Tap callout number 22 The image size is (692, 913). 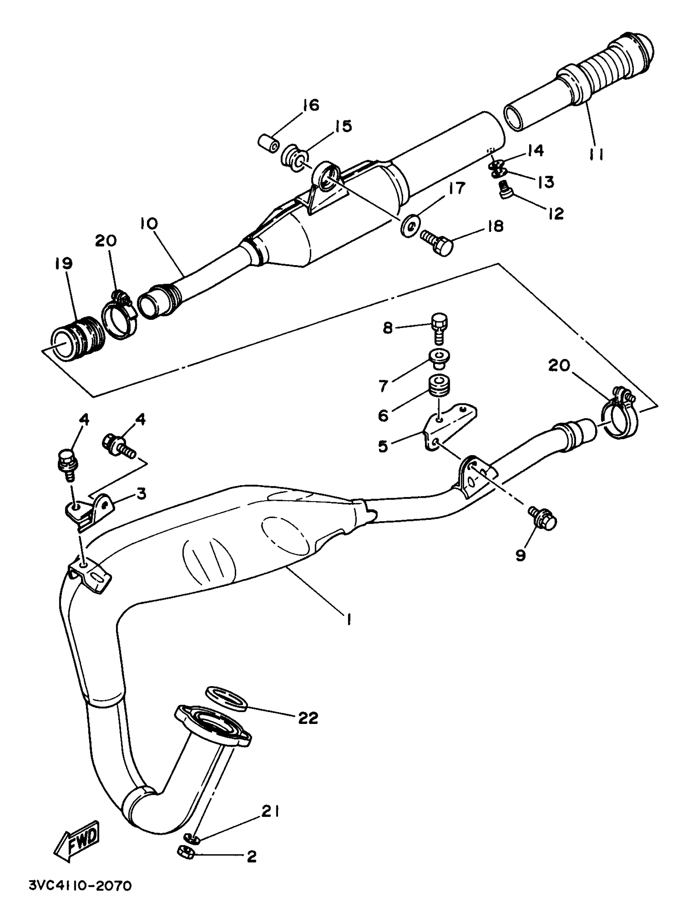pyautogui.click(x=308, y=719)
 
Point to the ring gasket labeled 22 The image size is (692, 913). pyautogui.click(x=226, y=699)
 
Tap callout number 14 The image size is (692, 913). pyautogui.click(x=535, y=151)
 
